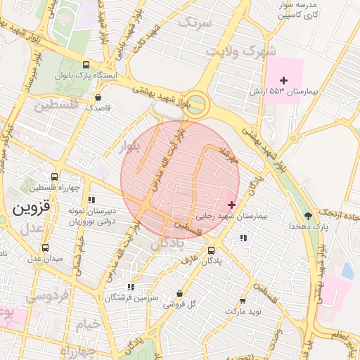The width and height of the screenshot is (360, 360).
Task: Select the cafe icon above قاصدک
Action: [x=97, y=97]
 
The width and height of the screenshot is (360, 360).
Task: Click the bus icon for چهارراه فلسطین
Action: [x=55, y=177]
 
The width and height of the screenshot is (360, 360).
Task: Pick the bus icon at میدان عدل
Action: [x=45, y=247]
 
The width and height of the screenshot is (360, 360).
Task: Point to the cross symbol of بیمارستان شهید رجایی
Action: [x=231, y=205]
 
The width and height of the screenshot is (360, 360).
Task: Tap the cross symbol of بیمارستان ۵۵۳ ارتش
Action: [x=283, y=81]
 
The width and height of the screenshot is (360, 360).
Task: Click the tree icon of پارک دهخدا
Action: [x=308, y=215]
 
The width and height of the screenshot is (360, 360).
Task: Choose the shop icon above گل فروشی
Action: [x=179, y=293]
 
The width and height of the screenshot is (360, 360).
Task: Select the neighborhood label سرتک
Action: [x=194, y=22]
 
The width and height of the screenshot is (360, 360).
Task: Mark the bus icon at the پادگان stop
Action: [x=212, y=250]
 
